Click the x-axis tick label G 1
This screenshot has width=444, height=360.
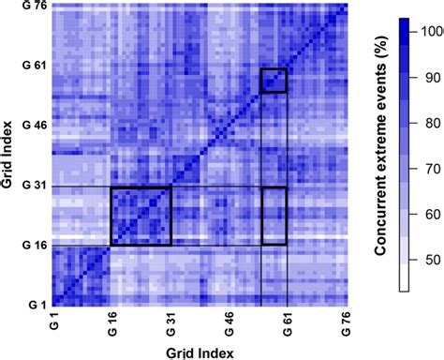tap(52, 325)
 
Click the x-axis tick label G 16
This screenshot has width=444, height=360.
tap(111, 325)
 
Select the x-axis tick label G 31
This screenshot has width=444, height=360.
tap(170, 325)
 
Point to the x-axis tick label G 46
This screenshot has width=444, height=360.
tap(229, 325)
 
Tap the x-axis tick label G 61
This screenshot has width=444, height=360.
tap(288, 325)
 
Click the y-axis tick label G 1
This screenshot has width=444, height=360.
tap(37, 305)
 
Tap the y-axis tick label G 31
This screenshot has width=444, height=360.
tap(35, 187)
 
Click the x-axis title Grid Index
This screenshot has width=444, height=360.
tap(200, 352)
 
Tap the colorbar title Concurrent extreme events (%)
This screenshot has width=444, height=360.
tap(383, 150)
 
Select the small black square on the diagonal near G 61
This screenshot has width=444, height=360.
tap(274, 81)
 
